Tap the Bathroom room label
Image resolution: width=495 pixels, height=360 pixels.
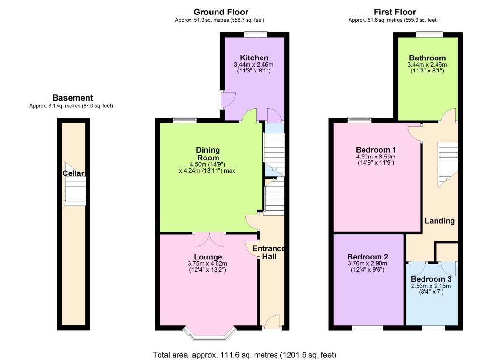click(x=427, y=58)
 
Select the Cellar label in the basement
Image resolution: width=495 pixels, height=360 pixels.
click(x=73, y=173)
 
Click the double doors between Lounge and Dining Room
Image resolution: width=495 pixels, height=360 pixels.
click(x=210, y=239)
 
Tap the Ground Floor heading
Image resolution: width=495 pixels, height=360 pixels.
click(x=221, y=12)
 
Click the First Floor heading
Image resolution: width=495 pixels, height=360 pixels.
click(x=394, y=12)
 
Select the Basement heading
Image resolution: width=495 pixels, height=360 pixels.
click(x=73, y=98)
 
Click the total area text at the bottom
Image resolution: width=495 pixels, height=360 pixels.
click(x=244, y=355)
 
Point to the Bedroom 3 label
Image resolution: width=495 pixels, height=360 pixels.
click(x=431, y=279)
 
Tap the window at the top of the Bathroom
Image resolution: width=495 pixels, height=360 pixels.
click(x=429, y=34)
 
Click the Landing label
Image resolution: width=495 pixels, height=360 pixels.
click(x=439, y=221)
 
